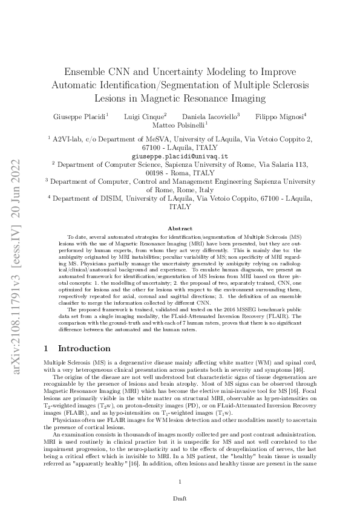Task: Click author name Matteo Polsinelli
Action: click(x=179, y=125)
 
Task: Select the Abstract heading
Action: click(x=180, y=228)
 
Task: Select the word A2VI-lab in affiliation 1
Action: click(x=71, y=139)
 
